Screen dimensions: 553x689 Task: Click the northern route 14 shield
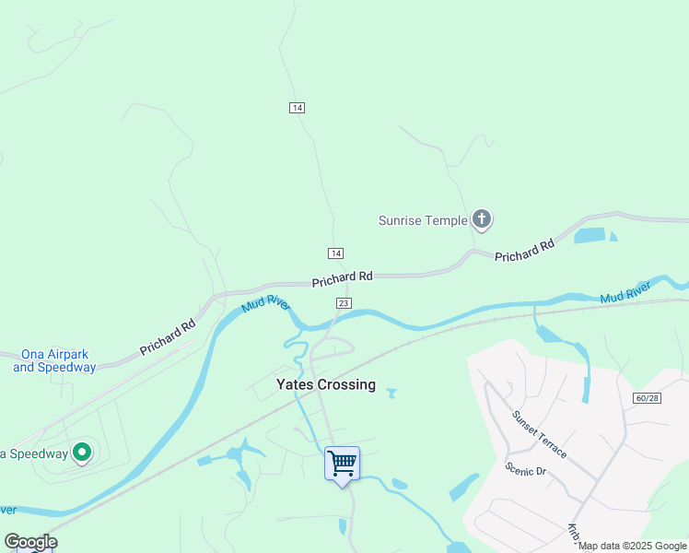pyautogui.click(x=297, y=108)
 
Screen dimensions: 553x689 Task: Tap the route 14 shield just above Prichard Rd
pyautogui.click(x=335, y=253)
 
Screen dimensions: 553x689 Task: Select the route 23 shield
pyautogui.click(x=344, y=302)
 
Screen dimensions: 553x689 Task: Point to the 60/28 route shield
pyautogui.click(x=648, y=397)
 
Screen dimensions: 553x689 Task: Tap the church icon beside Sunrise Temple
pyautogui.click(x=481, y=219)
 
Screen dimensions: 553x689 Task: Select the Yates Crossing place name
pyautogui.click(x=326, y=384)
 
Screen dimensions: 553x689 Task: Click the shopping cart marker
pyautogui.click(x=342, y=462)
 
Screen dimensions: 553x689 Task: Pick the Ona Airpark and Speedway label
pyautogui.click(x=54, y=361)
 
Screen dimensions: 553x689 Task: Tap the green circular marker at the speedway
pyautogui.click(x=81, y=453)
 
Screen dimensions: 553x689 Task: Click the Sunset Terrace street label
pyautogui.click(x=540, y=435)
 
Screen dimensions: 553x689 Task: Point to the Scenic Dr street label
pyautogui.click(x=526, y=469)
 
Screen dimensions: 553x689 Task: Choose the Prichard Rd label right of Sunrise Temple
pyautogui.click(x=524, y=250)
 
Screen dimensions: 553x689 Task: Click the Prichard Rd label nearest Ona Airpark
pyautogui.click(x=168, y=338)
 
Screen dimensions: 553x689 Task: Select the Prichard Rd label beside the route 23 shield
pyautogui.click(x=342, y=276)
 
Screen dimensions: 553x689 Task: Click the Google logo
pyautogui.click(x=30, y=542)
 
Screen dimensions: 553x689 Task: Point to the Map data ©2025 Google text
pyautogui.click(x=633, y=547)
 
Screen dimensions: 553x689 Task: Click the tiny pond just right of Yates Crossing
pyautogui.click(x=391, y=394)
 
